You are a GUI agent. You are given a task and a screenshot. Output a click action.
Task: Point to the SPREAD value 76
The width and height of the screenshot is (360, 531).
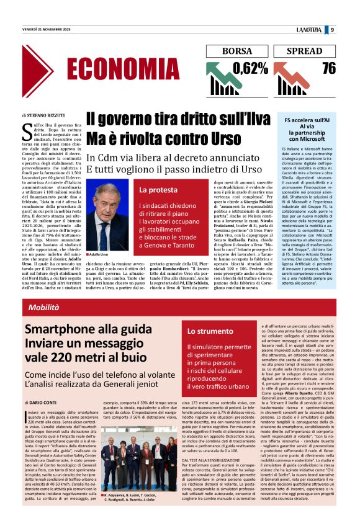tap(328, 68)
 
